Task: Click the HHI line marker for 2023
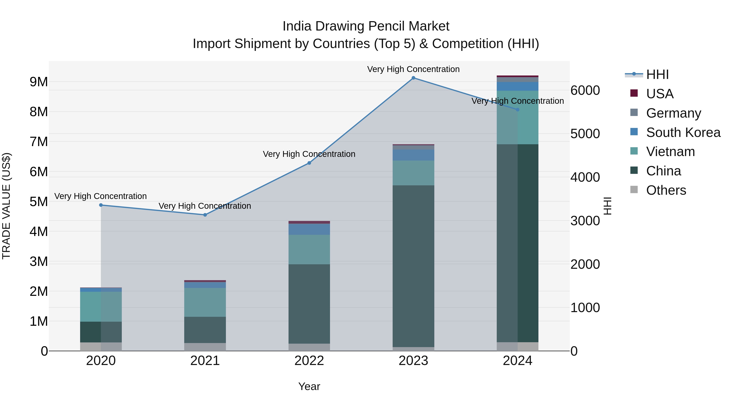[x=413, y=78]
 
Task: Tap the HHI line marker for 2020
[x=101, y=205]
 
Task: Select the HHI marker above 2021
[x=205, y=215]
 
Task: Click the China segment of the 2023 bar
[x=413, y=266]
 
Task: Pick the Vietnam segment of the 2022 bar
[x=309, y=249]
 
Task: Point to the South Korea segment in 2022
[x=309, y=229]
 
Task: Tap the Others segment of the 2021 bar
[x=205, y=347]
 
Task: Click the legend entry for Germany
[x=673, y=113]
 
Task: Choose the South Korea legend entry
[x=683, y=132]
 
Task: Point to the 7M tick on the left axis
[x=39, y=142]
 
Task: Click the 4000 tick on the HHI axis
[x=585, y=177]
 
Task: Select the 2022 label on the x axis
[x=309, y=361]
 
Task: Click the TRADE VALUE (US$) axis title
[x=6, y=206]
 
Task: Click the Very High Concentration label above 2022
[x=309, y=154]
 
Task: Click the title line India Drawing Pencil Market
[x=366, y=26]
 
